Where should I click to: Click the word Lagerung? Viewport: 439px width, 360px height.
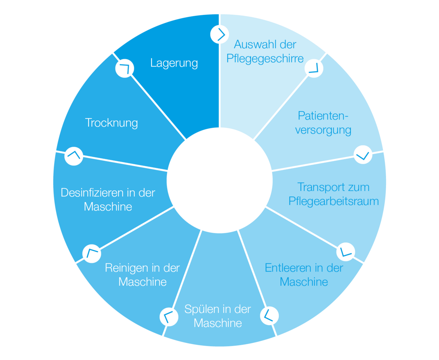(174, 63)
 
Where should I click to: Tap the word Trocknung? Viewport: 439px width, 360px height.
(111, 123)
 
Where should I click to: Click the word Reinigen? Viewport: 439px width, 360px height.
(126, 268)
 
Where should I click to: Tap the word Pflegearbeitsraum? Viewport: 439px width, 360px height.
(334, 201)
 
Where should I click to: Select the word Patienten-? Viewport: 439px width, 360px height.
(323, 115)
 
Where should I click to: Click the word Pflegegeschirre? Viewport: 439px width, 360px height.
(265, 59)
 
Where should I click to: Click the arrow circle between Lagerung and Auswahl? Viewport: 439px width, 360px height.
(219, 34)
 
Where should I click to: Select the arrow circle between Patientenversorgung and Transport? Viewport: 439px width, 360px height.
(363, 154)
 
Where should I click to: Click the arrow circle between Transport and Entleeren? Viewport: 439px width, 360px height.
(346, 252)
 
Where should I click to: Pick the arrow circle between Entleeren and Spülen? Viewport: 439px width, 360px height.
(269, 316)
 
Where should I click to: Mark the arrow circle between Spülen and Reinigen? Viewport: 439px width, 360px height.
(169, 316)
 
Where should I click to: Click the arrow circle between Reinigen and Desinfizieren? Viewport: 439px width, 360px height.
(92, 253)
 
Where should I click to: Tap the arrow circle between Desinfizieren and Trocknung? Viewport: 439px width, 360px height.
(74, 156)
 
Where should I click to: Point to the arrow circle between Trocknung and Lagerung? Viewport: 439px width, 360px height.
(124, 69)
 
